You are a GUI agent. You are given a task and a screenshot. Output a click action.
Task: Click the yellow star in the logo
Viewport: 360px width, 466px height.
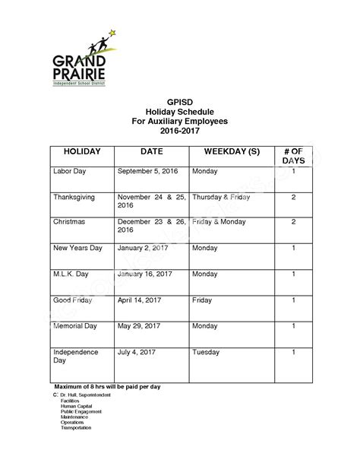coord(112,33)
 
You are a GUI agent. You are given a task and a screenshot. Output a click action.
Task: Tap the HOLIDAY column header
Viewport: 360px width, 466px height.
coord(82,152)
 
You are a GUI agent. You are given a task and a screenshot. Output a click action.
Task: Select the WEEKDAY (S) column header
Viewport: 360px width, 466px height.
coord(226,152)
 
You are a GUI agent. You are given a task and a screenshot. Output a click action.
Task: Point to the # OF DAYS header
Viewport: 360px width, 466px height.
coord(292,157)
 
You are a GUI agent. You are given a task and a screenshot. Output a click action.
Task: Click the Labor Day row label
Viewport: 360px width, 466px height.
coord(71,172)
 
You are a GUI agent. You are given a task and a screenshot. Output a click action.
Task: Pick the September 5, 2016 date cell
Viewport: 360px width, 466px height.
coord(149,172)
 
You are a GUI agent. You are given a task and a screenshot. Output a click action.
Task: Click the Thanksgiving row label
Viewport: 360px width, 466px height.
coord(74,197)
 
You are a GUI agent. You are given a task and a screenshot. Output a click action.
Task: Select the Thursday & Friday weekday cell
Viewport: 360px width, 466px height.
coord(221,197)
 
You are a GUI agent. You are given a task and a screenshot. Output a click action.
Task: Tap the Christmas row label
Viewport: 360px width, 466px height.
coord(69,222)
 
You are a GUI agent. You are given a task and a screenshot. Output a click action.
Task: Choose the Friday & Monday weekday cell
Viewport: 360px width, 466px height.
coord(219,222)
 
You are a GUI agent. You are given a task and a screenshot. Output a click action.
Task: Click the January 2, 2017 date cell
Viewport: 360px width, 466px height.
coord(144,248)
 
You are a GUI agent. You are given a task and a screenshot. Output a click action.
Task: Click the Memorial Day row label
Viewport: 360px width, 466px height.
coord(75,325)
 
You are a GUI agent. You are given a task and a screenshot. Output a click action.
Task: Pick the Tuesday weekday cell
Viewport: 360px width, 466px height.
coord(206,352)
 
